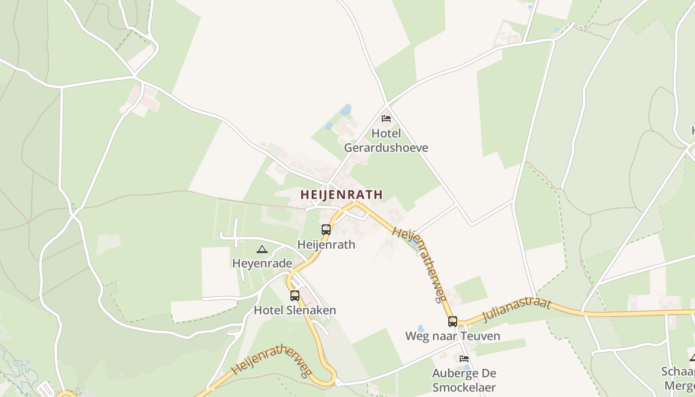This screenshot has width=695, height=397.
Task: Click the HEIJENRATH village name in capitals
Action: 342,195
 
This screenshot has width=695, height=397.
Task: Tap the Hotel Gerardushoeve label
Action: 386,141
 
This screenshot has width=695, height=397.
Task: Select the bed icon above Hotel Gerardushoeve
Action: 386,119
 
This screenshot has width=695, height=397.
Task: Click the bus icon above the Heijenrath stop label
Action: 326,230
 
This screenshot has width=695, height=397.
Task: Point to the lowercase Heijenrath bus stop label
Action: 326,244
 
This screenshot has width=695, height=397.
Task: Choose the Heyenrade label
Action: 262,263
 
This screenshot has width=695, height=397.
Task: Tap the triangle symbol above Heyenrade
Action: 262,249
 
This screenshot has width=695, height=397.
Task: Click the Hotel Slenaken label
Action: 295,310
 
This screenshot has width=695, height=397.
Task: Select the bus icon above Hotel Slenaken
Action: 295,296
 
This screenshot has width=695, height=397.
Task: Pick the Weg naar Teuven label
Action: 452,336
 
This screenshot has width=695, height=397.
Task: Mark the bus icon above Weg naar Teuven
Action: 452,322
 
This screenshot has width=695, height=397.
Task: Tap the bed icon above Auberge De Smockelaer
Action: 464,358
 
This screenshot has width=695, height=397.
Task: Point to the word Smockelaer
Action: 464,387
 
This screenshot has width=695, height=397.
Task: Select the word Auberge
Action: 464,373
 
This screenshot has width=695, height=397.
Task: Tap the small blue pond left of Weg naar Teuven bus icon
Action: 421,329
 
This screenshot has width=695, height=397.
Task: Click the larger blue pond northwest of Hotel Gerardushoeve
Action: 346,110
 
